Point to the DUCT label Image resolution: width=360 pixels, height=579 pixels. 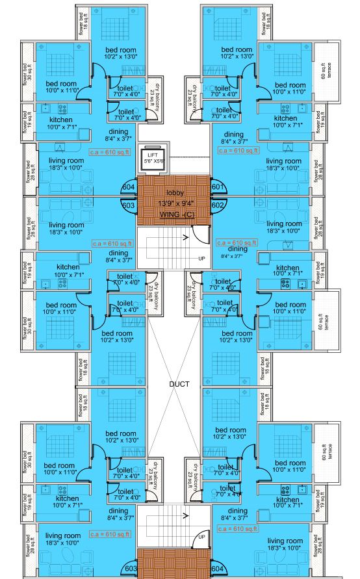[179, 384]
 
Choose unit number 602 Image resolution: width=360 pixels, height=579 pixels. [218, 205]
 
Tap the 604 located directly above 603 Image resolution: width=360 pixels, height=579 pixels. [129, 188]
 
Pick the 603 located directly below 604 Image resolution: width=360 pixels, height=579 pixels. [129, 205]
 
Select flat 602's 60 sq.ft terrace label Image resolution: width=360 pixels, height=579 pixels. [326, 321]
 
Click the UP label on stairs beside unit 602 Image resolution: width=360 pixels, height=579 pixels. [202, 259]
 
